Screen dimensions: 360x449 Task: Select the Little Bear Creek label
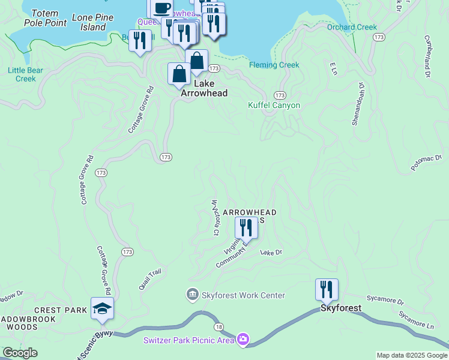(x=25, y=74)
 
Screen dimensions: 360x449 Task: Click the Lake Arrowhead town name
(x=203, y=89)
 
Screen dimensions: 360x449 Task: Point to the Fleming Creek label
(x=274, y=65)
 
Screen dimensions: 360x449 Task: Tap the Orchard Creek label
(x=352, y=27)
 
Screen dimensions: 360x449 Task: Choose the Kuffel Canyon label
(x=274, y=106)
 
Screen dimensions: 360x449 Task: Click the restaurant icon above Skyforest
(x=327, y=289)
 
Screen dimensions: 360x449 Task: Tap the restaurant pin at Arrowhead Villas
(x=246, y=227)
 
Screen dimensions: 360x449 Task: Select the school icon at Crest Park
(x=103, y=308)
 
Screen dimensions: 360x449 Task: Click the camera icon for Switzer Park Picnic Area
(x=243, y=340)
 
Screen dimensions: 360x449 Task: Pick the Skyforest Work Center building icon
(x=192, y=295)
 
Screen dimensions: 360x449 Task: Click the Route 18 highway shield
(x=218, y=326)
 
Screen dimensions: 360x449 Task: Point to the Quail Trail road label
(x=151, y=280)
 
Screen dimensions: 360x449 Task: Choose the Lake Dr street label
(x=271, y=253)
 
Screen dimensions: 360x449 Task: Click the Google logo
(x=20, y=353)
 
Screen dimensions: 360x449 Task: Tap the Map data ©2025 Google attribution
(x=411, y=355)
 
